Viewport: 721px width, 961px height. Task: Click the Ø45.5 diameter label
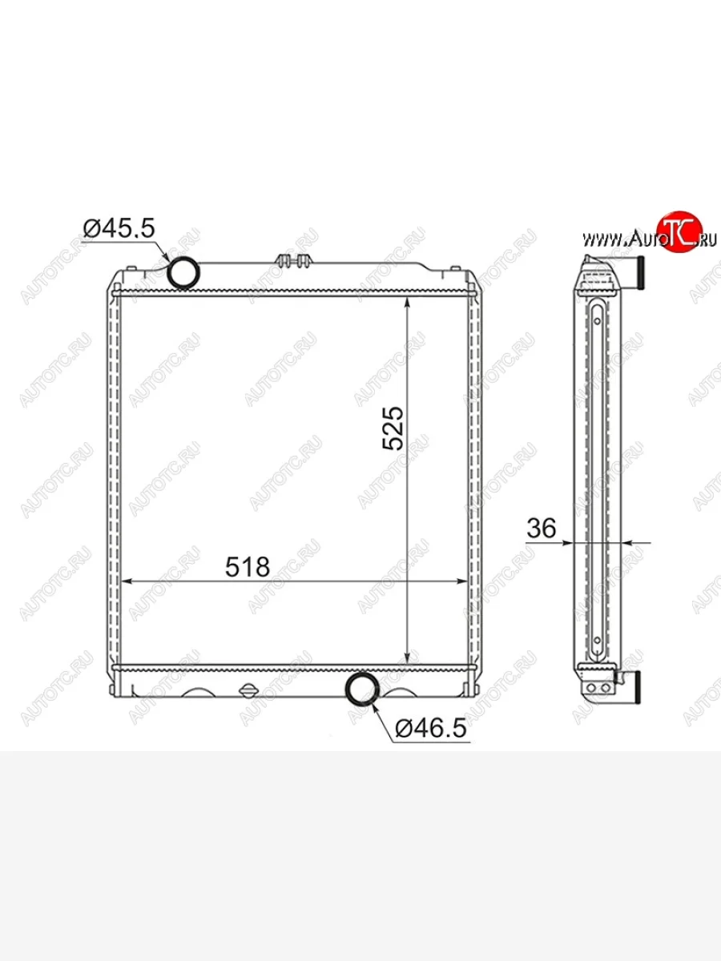[x=119, y=228]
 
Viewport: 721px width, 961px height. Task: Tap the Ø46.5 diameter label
[x=431, y=729]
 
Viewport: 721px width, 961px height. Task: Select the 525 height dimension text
[x=393, y=428]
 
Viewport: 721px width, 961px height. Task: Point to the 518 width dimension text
[x=248, y=567]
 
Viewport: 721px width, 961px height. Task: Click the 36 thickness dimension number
[x=541, y=528]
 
